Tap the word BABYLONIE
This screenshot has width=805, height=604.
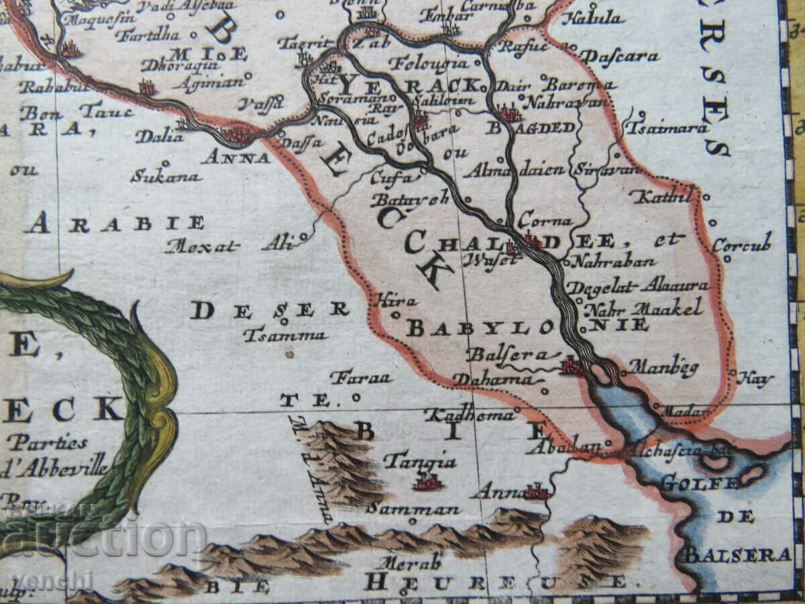[527, 327]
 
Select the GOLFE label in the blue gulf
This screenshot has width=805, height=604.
[700, 483]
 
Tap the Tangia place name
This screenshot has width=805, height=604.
[420, 462]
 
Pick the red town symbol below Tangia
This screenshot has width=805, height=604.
[427, 482]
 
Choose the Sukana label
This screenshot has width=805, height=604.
[166, 177]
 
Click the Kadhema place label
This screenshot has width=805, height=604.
[470, 415]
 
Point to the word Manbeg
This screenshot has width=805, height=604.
[654, 368]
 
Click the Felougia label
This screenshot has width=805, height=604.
[429, 64]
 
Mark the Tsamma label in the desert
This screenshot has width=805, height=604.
[284, 335]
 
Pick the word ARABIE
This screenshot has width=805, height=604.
[115, 223]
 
